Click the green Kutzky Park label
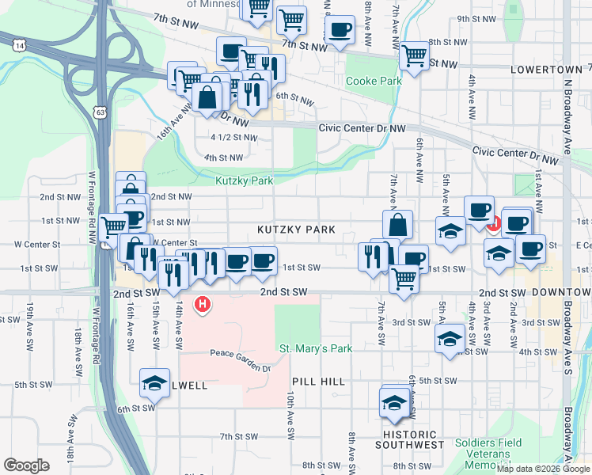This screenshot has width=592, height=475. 245,181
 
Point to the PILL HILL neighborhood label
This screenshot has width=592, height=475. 318,382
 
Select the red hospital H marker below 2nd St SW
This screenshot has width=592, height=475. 203,303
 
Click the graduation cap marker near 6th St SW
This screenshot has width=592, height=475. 155,384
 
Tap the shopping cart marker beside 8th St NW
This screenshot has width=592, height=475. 414,55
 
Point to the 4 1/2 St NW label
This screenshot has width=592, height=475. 233,137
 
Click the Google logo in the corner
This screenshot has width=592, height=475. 27,465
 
